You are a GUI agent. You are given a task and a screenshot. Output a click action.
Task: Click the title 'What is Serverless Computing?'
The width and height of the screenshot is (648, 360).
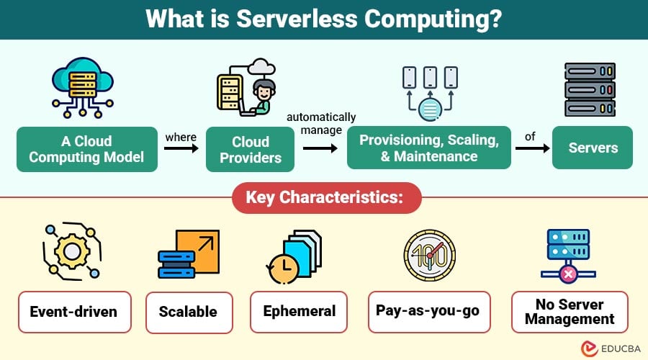click(x=324, y=19)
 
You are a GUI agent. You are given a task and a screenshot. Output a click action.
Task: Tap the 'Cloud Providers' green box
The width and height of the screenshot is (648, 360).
click(x=250, y=149)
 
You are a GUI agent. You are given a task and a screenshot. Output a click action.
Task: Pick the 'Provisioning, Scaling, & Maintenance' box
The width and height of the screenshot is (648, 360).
click(x=429, y=148)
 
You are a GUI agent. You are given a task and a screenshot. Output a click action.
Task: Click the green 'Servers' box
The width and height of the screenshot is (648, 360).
click(x=593, y=148)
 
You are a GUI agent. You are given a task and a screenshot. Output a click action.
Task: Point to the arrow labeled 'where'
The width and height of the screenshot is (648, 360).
click(x=181, y=149)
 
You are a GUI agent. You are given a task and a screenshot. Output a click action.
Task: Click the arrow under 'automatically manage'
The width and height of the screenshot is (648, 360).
click(x=320, y=149)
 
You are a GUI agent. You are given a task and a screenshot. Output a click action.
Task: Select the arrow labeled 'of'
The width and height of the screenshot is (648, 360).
click(x=531, y=149)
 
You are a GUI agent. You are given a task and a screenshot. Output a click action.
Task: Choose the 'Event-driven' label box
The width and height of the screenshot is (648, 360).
click(x=75, y=312)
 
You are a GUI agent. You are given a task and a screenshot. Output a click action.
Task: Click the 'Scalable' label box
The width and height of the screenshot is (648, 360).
click(x=189, y=312)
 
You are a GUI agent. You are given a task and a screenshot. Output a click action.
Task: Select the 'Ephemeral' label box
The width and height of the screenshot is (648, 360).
click(x=299, y=312)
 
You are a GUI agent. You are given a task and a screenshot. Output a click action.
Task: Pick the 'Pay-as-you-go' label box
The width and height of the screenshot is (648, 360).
click(x=428, y=311)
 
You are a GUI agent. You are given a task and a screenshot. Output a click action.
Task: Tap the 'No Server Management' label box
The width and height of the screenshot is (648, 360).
click(x=570, y=312)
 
